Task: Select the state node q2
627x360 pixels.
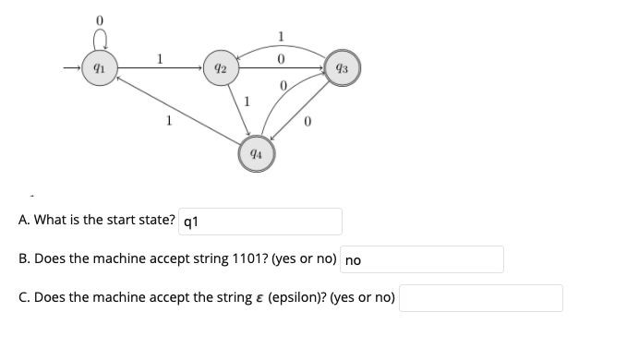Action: pyautogui.click(x=220, y=67)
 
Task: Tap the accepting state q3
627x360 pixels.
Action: pyautogui.click(x=342, y=67)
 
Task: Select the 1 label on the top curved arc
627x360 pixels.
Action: pyautogui.click(x=281, y=37)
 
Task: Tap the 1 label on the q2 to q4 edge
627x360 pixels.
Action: pyautogui.click(x=247, y=102)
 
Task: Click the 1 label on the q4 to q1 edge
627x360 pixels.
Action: pyautogui.click(x=168, y=118)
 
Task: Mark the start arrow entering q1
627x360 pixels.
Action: pyautogui.click(x=74, y=67)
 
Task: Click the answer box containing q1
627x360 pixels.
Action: pyautogui.click(x=260, y=222)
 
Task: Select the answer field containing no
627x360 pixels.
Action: pyautogui.click(x=422, y=259)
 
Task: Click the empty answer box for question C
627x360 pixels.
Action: pyautogui.click(x=480, y=298)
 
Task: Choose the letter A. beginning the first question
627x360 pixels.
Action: pyautogui.click(x=25, y=222)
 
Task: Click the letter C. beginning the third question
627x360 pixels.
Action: pyautogui.click(x=25, y=298)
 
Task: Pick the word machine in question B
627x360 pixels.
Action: pyautogui.click(x=119, y=259)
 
